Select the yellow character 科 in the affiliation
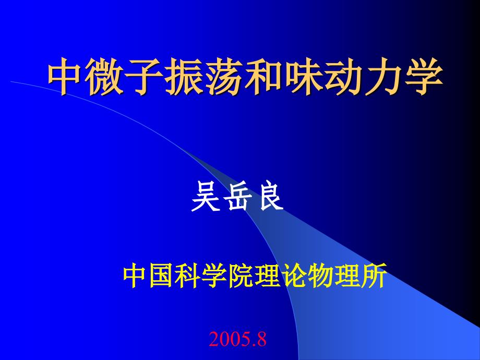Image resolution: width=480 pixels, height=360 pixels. tap(188, 277)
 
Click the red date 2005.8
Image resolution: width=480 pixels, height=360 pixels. tap(237, 340)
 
